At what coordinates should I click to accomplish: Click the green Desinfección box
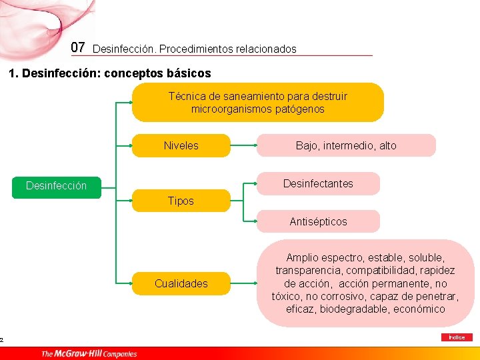56,186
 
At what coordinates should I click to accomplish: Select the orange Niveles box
181,145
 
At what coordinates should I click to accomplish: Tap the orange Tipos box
181,201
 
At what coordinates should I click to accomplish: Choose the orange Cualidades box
181,283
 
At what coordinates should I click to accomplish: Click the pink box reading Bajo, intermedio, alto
346,145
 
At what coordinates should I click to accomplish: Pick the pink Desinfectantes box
318,183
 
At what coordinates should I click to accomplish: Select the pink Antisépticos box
318,221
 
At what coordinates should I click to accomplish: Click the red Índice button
457,337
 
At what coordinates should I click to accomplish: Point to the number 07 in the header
78,47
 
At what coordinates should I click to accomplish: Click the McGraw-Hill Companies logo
89,353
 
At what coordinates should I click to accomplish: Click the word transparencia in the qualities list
307,270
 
